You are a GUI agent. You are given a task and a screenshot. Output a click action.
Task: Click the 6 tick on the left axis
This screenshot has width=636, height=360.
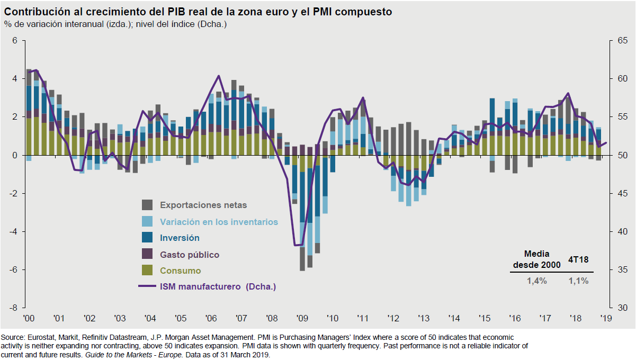pyautogui.click(x=15, y=41)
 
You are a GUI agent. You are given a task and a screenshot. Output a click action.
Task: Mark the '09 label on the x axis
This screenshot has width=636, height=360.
pyautogui.click(x=302, y=319)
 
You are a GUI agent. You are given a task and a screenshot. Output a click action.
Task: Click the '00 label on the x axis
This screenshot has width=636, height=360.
pyautogui.click(x=29, y=319)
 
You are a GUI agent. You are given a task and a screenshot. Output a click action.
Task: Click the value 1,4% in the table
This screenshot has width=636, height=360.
pyautogui.click(x=537, y=281)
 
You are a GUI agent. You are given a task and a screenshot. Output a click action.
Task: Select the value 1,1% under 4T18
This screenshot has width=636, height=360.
pyautogui.click(x=579, y=281)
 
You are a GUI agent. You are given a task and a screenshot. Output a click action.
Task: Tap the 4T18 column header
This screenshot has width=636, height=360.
pyautogui.click(x=578, y=260)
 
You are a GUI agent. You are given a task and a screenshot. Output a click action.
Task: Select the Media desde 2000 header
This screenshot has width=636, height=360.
pyautogui.click(x=537, y=259)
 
